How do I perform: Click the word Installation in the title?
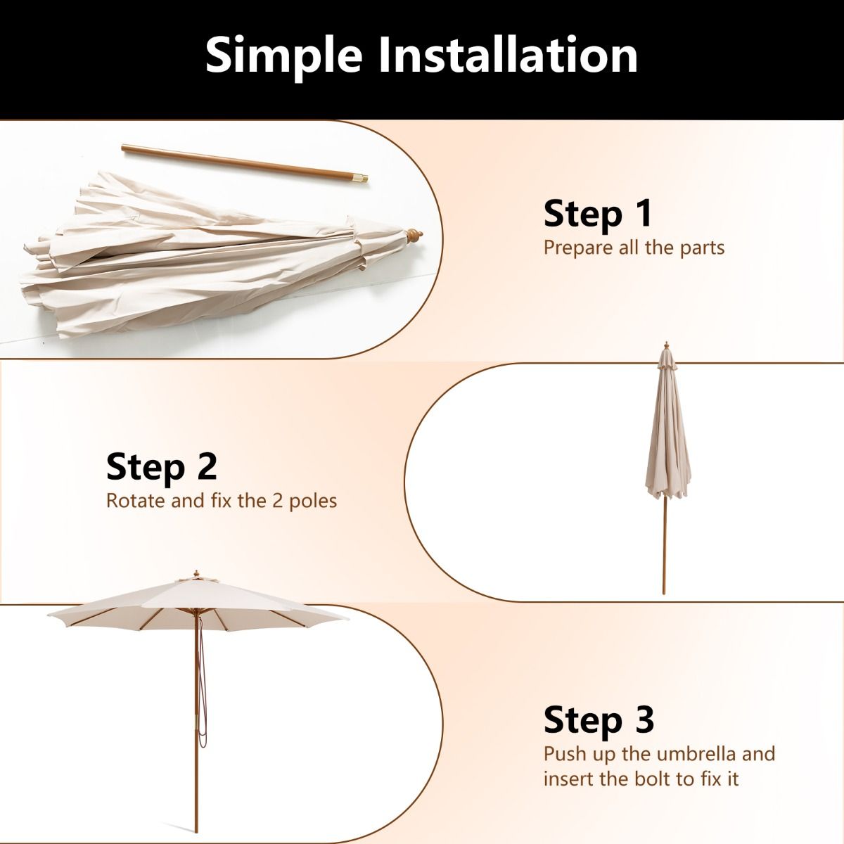point(508,54)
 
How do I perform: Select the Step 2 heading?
point(161,467)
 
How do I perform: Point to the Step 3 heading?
point(599,720)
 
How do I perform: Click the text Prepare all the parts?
point(634,248)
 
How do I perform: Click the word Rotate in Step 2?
point(136,501)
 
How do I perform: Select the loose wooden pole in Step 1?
point(244,163)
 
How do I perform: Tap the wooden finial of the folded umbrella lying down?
point(414,235)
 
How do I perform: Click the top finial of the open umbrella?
point(196,574)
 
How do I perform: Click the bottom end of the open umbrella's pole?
point(196,831)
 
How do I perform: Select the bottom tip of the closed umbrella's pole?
point(664,593)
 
